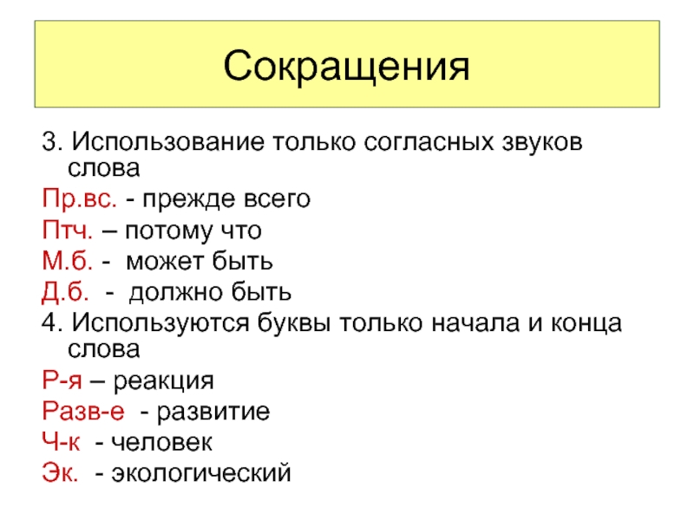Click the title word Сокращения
click(x=346, y=67)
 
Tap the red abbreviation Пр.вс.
click(x=80, y=198)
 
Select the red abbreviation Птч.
click(x=68, y=230)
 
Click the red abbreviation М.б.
click(x=68, y=261)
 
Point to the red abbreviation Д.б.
click(x=65, y=292)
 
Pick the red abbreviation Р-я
click(x=62, y=380)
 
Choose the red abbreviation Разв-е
click(x=83, y=411)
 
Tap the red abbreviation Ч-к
click(x=61, y=442)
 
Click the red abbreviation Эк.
click(x=60, y=472)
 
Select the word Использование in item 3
click(x=168, y=142)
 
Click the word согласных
click(x=429, y=142)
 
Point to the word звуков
click(x=542, y=142)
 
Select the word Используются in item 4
click(x=160, y=322)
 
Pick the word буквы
click(x=294, y=322)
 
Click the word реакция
click(x=163, y=381)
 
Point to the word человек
click(x=161, y=443)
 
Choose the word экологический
click(x=201, y=473)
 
